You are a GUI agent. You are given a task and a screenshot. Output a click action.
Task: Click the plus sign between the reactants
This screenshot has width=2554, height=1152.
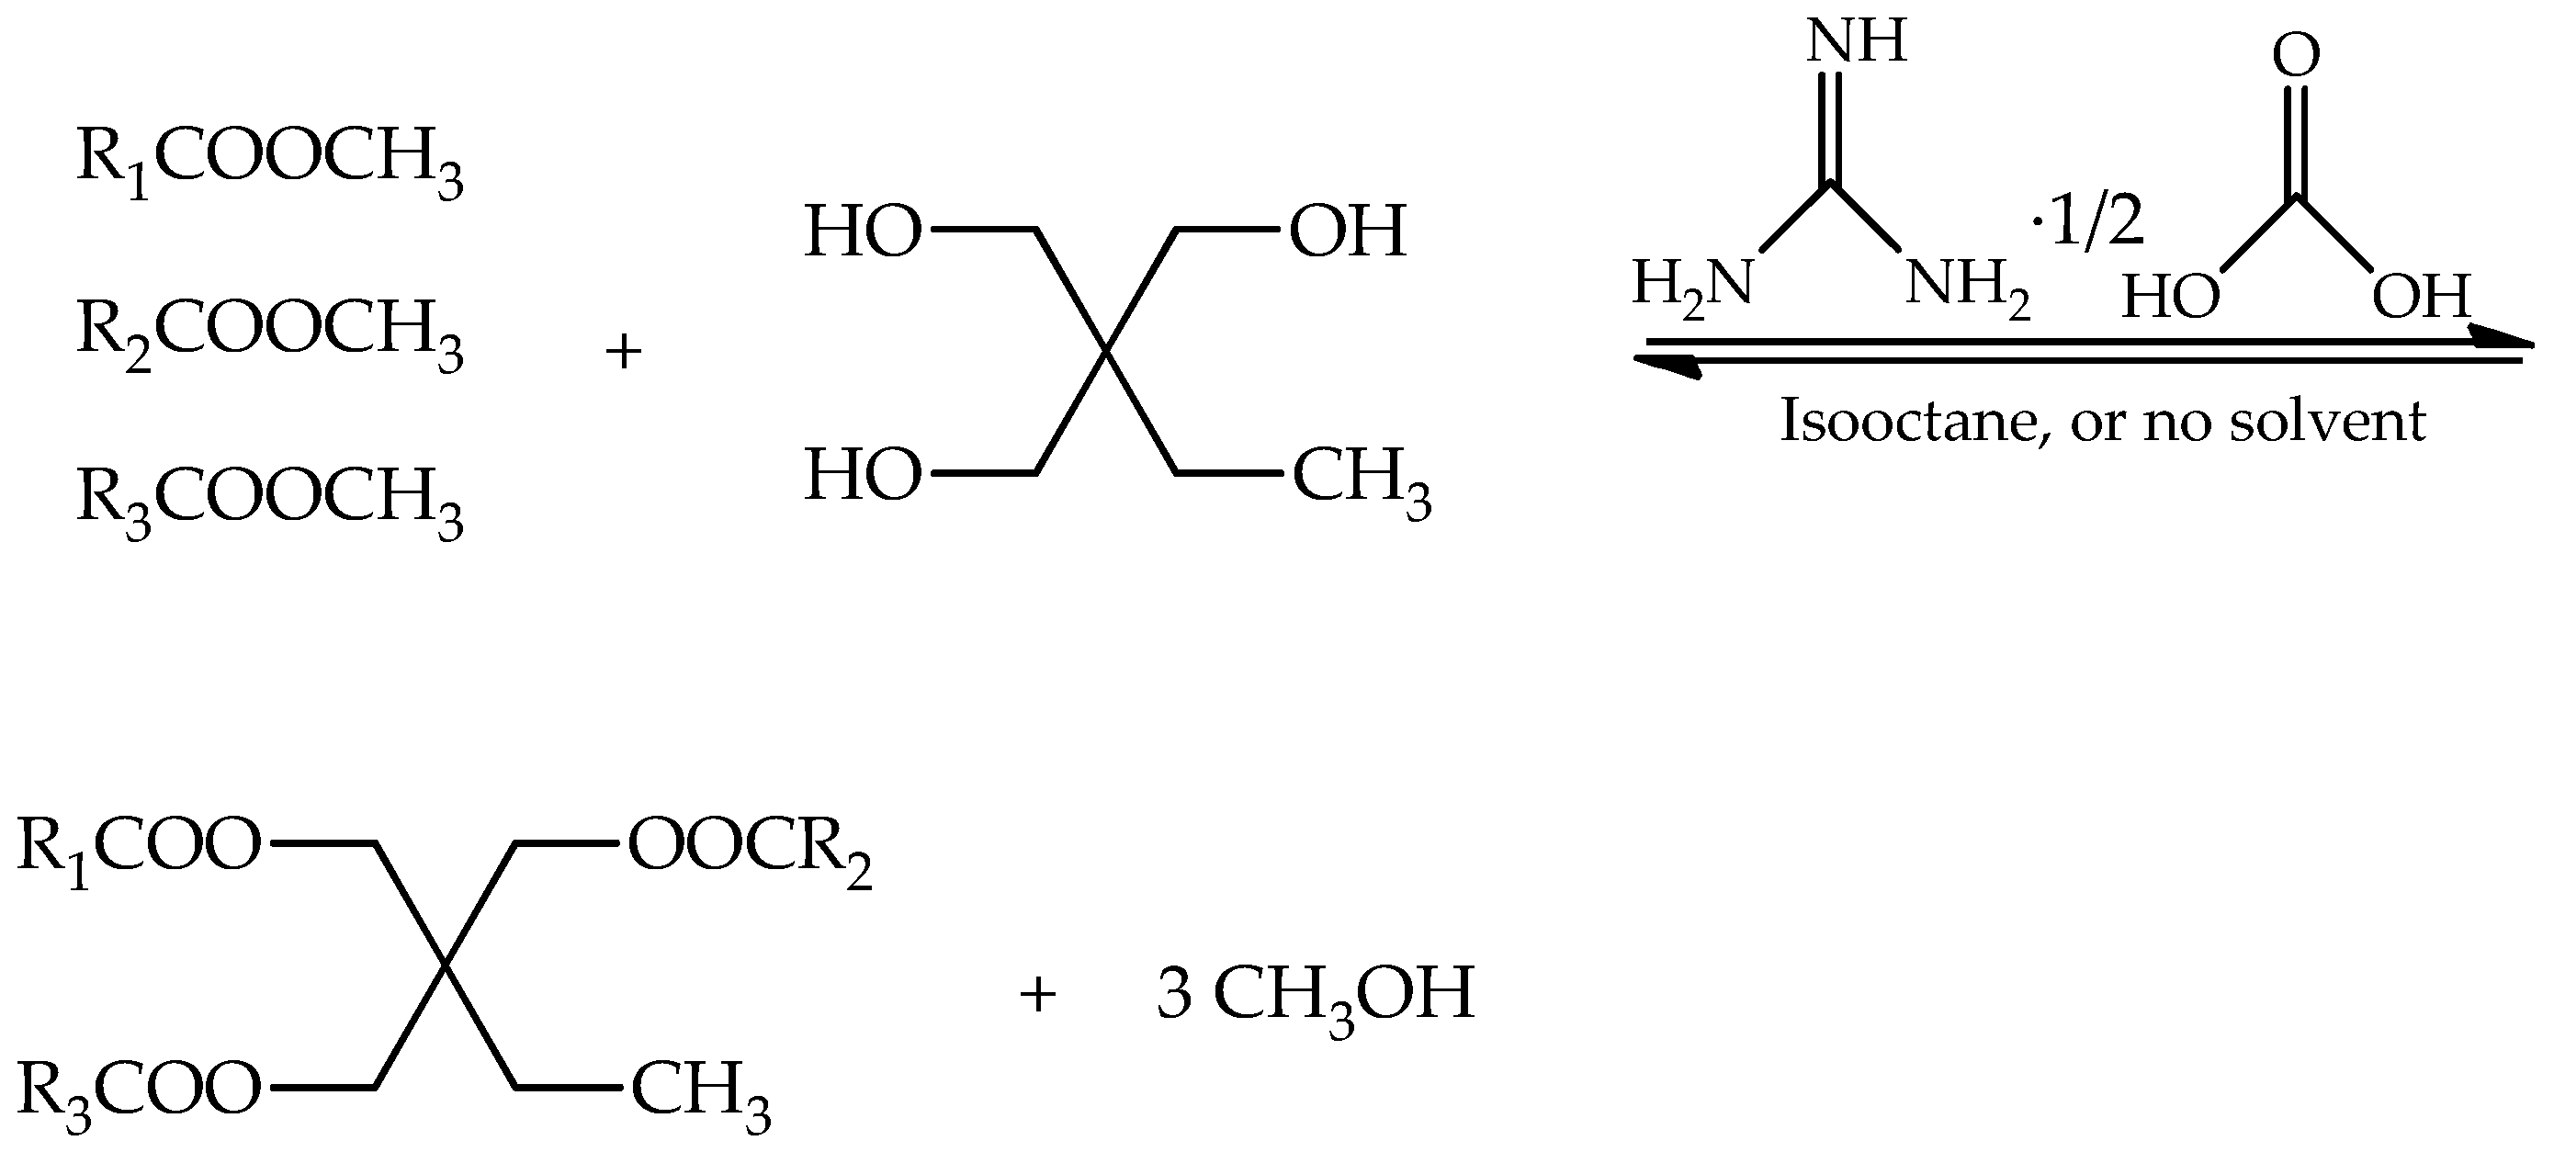(x=624, y=352)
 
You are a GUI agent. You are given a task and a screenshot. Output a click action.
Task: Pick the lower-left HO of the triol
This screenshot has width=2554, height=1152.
(x=863, y=475)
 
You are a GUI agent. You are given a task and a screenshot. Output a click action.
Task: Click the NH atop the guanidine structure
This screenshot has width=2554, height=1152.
(x=1856, y=42)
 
